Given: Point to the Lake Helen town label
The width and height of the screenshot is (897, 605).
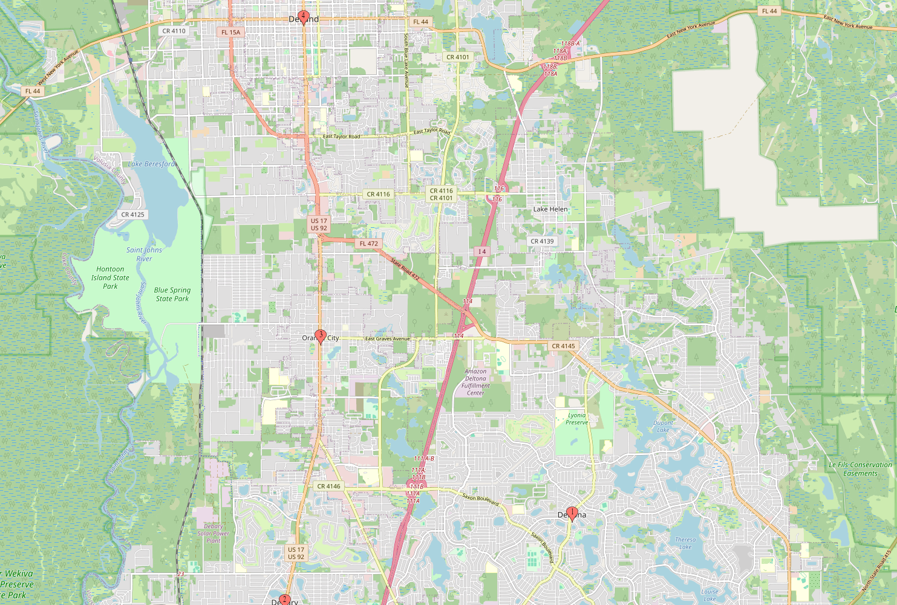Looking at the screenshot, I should click(550, 209).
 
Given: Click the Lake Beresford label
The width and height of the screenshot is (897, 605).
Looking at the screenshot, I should click(152, 164).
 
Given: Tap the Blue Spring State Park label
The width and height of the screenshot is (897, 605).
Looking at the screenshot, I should click(172, 294).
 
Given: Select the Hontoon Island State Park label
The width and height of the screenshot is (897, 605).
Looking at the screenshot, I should click(110, 278).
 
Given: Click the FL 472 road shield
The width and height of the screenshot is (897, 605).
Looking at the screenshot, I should click(368, 244).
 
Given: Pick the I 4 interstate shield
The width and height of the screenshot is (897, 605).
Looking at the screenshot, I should click(481, 251).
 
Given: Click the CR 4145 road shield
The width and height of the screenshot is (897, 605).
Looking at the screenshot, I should click(564, 346).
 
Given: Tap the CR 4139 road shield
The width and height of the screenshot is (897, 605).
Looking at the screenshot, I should click(542, 241).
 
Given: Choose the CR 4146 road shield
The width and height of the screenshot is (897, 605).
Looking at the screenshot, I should click(329, 486).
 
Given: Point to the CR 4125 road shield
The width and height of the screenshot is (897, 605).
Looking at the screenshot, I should click(133, 215).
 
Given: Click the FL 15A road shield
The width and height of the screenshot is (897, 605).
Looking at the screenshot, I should click(230, 33).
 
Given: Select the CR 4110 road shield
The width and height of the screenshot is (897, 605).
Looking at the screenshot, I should click(174, 31).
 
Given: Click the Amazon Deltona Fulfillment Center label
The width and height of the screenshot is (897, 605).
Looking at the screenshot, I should click(475, 382).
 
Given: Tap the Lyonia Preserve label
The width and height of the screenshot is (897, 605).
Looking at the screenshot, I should click(577, 419).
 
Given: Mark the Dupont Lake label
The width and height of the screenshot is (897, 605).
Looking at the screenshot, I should click(663, 426).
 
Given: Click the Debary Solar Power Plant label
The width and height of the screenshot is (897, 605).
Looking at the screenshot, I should click(214, 533).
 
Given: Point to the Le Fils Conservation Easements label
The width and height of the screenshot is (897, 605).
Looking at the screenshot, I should click(860, 469).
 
